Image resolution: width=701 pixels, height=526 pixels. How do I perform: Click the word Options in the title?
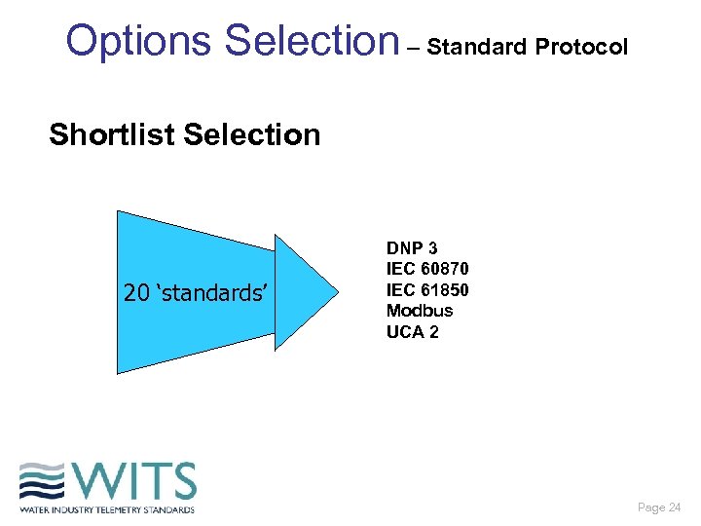pos(139,41)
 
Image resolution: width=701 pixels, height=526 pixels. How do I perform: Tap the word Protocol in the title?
pos(583,46)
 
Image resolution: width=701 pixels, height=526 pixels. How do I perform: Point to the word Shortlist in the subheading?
pos(112,134)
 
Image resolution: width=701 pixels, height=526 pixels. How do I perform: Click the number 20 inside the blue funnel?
pos(136,292)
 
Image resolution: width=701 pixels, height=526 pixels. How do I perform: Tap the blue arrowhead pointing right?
pos(306,291)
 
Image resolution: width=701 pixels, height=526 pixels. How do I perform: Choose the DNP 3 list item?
pos(412,249)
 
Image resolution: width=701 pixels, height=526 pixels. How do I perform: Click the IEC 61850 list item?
pos(427,290)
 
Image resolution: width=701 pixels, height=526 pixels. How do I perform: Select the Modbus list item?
pos(420,311)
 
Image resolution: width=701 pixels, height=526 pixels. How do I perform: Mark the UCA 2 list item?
pos(413,331)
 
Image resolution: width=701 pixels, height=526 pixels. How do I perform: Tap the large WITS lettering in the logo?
pos(131,481)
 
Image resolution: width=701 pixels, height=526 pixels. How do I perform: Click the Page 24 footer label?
pos(659,507)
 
